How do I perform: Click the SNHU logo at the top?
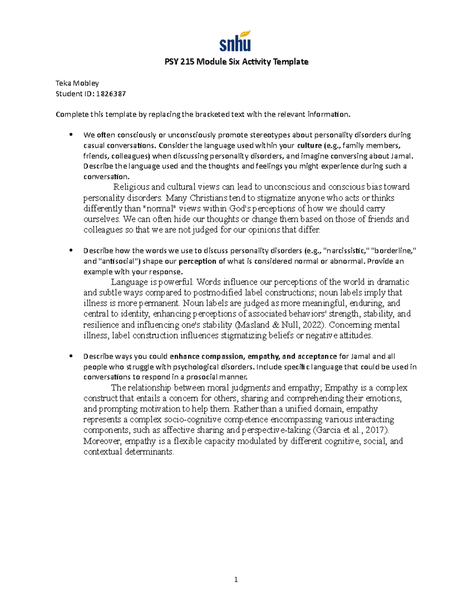[235, 41]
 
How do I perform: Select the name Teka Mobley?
[77, 83]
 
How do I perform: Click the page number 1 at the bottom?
[236, 579]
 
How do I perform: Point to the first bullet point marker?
[71, 135]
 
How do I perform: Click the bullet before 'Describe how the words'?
[71, 251]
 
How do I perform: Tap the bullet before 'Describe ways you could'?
[71, 356]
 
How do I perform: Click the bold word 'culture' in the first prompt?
[309, 145]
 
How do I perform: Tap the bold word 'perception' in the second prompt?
[197, 261]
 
